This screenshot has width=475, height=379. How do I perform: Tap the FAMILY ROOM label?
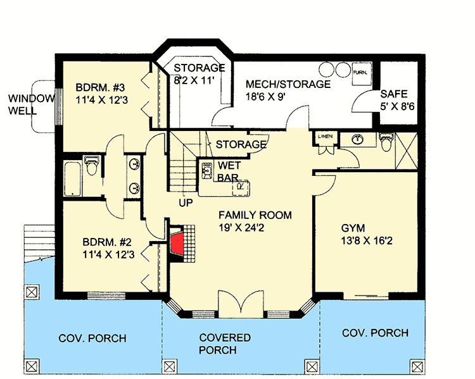click(x=255, y=215)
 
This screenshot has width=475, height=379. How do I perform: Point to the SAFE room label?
click(x=394, y=94)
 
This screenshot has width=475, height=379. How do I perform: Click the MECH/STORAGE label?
click(x=288, y=84)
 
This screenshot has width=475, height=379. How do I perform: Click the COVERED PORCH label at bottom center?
click(x=225, y=344)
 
